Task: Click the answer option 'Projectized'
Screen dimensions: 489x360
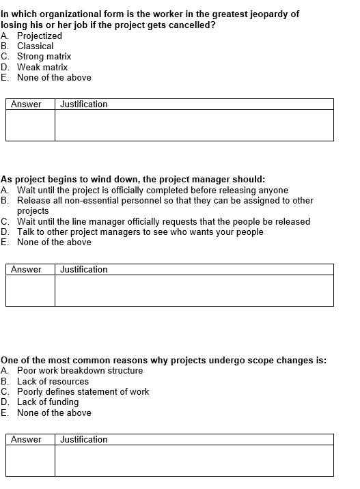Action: [x=39, y=36]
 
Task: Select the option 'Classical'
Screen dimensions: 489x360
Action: [x=35, y=46]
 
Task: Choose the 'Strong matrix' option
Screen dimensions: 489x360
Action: [x=44, y=57]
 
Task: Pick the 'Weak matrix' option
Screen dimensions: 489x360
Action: [x=42, y=67]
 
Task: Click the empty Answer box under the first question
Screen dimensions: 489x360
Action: [x=30, y=125]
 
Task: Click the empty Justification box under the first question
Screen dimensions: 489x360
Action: [x=194, y=125]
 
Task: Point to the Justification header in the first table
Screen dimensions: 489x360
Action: [x=83, y=104]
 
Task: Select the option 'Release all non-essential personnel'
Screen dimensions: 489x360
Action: [x=165, y=201]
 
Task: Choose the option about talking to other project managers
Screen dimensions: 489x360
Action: [x=140, y=232]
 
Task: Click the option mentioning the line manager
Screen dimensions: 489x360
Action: [x=163, y=221]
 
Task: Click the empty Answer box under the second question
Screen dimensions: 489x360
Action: [x=30, y=290]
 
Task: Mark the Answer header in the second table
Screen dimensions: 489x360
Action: [x=26, y=269]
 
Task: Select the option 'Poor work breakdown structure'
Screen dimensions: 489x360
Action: [x=80, y=371]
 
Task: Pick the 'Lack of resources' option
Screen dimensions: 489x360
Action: [x=53, y=381]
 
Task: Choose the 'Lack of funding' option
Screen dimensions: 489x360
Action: [x=48, y=402]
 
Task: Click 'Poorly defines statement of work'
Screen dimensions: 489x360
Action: [x=83, y=391]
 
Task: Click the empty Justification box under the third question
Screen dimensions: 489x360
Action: [x=194, y=460]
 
